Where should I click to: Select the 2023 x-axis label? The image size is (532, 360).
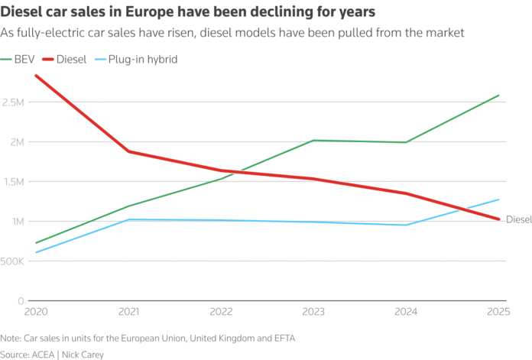pos(313,313)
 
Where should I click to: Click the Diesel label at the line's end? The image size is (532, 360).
pos(518,220)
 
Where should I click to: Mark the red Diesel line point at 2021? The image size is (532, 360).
pos(128,151)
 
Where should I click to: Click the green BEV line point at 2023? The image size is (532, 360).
pos(313,141)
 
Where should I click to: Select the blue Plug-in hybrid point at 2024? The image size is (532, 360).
pos(406,225)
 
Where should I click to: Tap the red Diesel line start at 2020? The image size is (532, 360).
pos(36,76)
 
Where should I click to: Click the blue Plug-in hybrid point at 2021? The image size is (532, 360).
pos(128,219)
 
